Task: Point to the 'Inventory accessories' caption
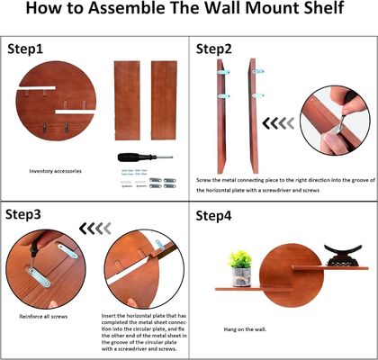point(57,170)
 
